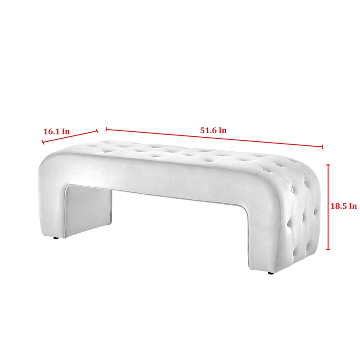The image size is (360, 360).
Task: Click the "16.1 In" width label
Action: point(57,131)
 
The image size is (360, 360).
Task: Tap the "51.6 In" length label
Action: point(213,130)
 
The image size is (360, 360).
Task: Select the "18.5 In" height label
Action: point(343,206)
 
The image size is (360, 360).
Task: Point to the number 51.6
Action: point(208,130)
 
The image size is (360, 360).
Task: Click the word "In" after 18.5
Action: point(353,206)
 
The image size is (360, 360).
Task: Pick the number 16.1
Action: point(51,131)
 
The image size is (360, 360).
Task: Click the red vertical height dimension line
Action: point(328,207)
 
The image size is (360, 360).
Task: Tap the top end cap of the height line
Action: point(328,165)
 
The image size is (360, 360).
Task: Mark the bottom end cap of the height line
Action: point(328,249)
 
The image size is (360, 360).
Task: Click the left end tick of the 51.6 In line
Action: point(106,129)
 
